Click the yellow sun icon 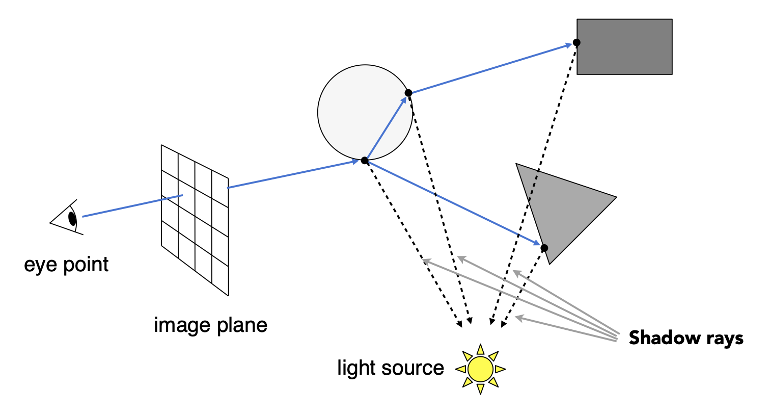coord(480,369)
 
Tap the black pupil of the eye coord(72,219)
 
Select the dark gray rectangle coord(624,47)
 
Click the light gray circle coord(365,112)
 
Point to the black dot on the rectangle coord(576,43)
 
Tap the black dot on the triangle coord(544,248)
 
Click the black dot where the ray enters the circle coord(365,161)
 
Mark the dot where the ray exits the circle coord(408,93)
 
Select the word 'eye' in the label coord(40,265)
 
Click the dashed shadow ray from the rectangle coord(534,184)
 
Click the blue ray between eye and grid coord(132,206)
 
